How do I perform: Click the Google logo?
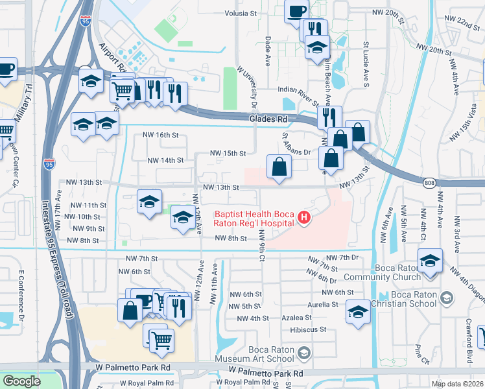[21, 381]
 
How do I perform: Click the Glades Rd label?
[268, 119]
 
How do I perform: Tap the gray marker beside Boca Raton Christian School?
[446, 298]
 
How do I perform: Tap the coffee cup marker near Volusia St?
[296, 11]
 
